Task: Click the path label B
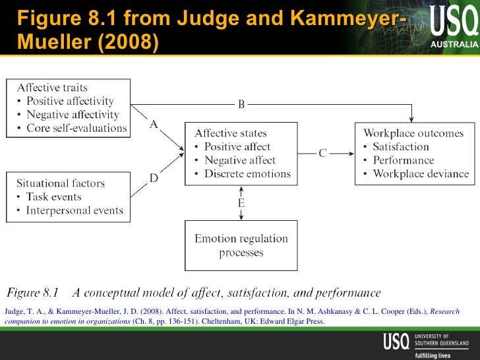coord(241,104)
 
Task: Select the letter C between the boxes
coord(322,154)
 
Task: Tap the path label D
coord(154,178)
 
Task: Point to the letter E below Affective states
coord(241,203)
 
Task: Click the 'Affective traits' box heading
coord(52,88)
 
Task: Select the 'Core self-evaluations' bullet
coord(76,128)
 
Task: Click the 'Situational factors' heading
coord(61,183)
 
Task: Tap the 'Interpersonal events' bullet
coord(74,210)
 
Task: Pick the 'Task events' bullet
coord(53,196)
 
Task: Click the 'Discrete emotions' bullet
coord(247,174)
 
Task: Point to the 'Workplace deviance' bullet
coord(420,174)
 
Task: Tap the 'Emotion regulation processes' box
coord(241,245)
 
